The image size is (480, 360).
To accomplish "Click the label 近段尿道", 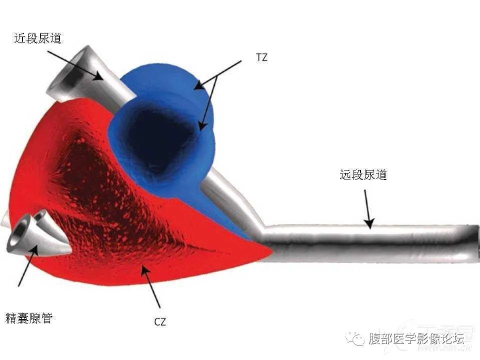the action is click(37, 38).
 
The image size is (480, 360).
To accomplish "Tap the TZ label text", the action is click(261, 57).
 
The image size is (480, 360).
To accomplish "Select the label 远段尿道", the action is click(363, 174).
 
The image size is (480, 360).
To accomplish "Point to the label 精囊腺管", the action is click(29, 318).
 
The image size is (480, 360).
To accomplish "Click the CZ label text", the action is click(160, 321).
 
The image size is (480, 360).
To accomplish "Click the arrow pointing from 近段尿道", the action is click(75, 65).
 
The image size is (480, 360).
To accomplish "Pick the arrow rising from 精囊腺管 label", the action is click(28, 265).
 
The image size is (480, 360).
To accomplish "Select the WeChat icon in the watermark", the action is click(354, 339).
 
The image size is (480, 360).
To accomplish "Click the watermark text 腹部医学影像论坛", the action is click(416, 339).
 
